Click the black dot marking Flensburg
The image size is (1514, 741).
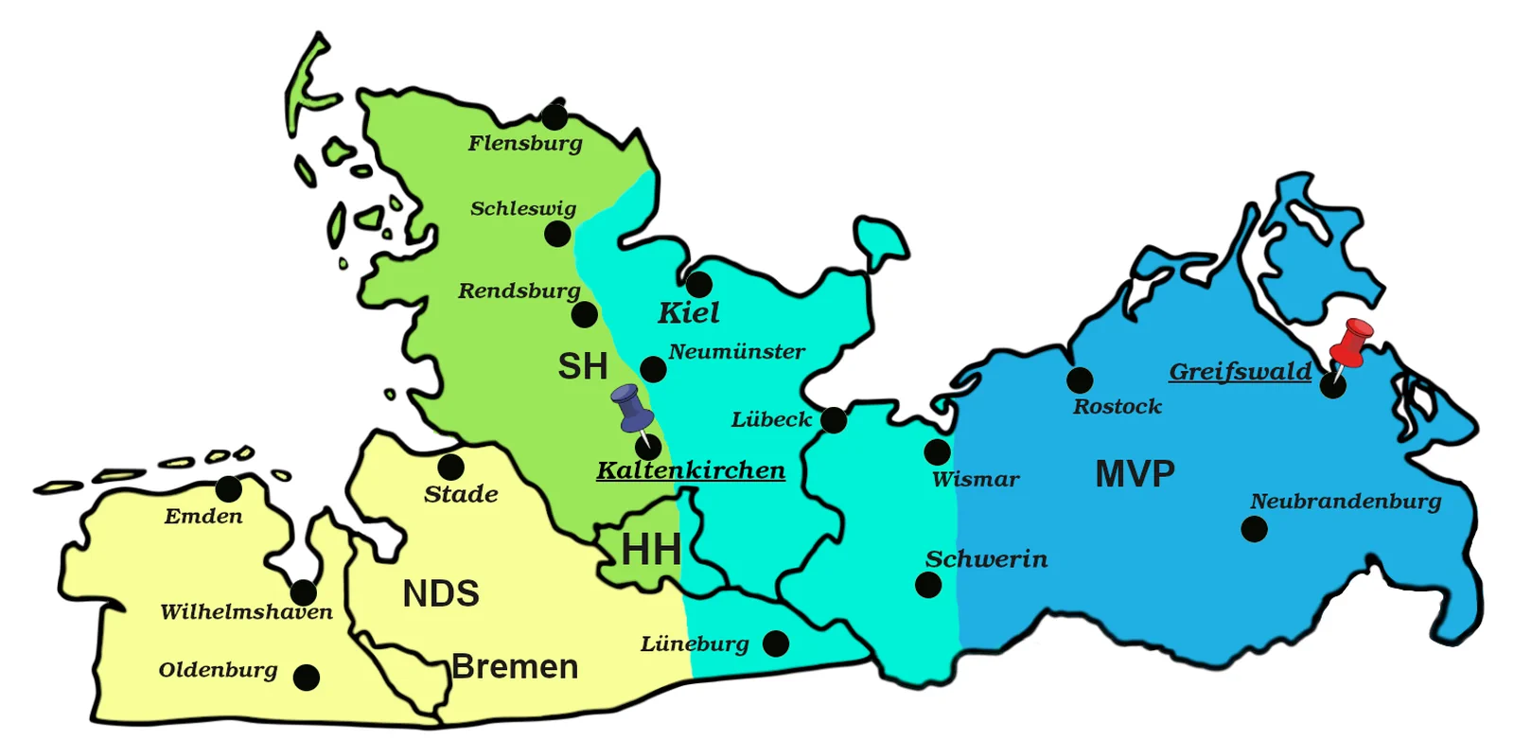pyautogui.click(x=555, y=117)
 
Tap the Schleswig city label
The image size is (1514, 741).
pyautogui.click(x=523, y=208)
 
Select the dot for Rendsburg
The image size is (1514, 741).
pyautogui.click(x=585, y=314)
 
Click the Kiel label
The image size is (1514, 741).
pyautogui.click(x=689, y=312)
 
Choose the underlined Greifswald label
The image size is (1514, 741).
pyautogui.click(x=1241, y=371)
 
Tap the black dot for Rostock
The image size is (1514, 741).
pyautogui.click(x=1080, y=380)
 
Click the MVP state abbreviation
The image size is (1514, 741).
pyautogui.click(x=1135, y=473)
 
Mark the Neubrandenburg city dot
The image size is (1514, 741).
pyautogui.click(x=1254, y=529)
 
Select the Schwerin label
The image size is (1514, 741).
pyautogui.click(x=986, y=559)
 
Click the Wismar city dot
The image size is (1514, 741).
pyautogui.click(x=937, y=451)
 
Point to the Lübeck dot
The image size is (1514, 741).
pyautogui.click(x=834, y=419)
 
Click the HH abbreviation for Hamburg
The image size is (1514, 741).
pyautogui.click(x=651, y=550)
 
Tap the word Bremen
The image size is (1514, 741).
pyautogui.click(x=515, y=667)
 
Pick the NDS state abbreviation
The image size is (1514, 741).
pyautogui.click(x=441, y=594)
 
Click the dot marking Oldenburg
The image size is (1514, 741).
pyautogui.click(x=306, y=678)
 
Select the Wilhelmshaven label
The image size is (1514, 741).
pyautogui.click(x=246, y=612)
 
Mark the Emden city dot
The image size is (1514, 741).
pyautogui.click(x=228, y=489)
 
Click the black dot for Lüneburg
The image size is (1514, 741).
pyautogui.click(x=776, y=644)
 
